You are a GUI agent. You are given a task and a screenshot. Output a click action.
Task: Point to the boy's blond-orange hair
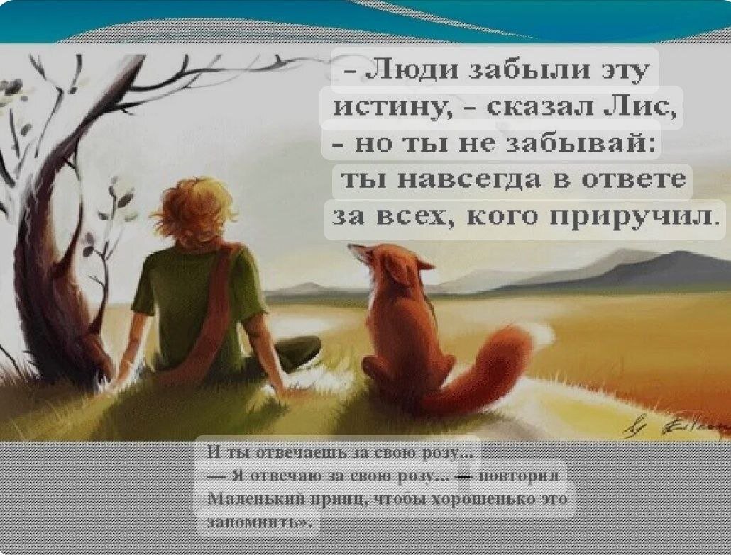196,210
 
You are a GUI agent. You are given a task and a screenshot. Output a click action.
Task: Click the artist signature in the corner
676,425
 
